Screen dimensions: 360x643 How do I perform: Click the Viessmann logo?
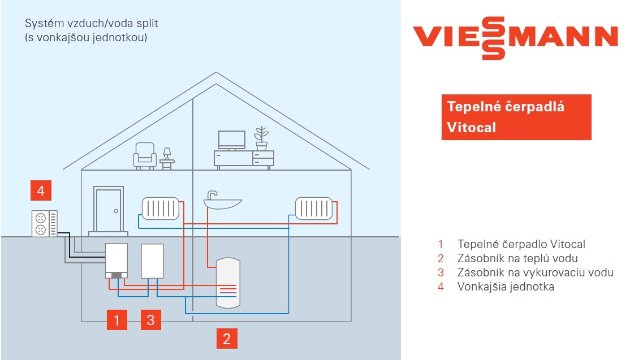click(x=515, y=37)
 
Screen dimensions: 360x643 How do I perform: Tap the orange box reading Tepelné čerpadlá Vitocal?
click(x=516, y=117)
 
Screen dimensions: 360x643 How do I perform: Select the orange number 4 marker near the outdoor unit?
click(x=41, y=191)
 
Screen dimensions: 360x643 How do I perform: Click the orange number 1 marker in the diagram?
click(x=116, y=320)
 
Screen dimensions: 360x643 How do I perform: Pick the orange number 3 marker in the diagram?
click(x=150, y=320)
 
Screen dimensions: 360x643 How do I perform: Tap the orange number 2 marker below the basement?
click(x=227, y=339)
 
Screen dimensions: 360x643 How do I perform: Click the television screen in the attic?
click(x=232, y=140)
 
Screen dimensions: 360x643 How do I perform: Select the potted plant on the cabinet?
click(x=261, y=138)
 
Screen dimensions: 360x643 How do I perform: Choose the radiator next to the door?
click(x=161, y=208)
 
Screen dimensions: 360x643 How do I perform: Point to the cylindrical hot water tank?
click(x=228, y=282)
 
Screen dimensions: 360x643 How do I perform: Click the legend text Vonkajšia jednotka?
click(x=506, y=287)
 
